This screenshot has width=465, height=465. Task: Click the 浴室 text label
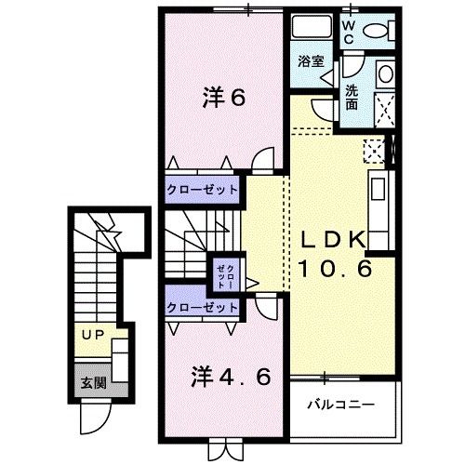tap(311, 62)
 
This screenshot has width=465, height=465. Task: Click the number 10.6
tap(336, 270)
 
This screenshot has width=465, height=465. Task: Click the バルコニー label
tap(341, 405)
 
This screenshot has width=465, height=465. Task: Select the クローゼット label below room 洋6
tap(204, 190)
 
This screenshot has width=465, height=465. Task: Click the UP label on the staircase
tap(90, 334)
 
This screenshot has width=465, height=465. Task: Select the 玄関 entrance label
tap(88, 382)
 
